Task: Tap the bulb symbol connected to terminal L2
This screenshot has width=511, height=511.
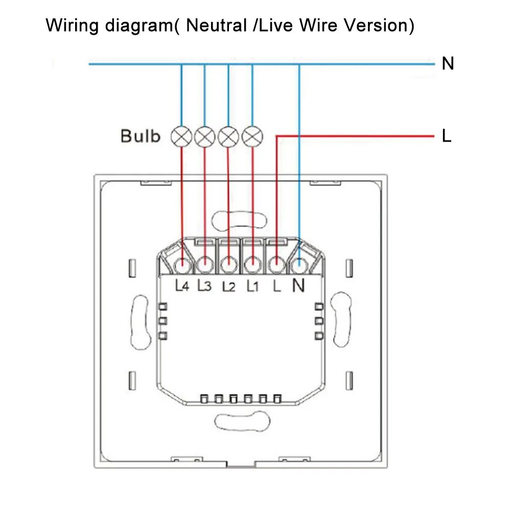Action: [228, 136]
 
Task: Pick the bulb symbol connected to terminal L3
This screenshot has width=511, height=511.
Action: [204, 136]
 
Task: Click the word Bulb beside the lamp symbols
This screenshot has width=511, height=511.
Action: [141, 136]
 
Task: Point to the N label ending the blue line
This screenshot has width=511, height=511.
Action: [448, 64]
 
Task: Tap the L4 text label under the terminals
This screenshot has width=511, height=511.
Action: [182, 287]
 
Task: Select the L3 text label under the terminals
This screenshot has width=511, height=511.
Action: [204, 287]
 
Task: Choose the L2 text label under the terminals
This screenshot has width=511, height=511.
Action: [228, 287]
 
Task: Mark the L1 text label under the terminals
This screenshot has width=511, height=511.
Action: [252, 287]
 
